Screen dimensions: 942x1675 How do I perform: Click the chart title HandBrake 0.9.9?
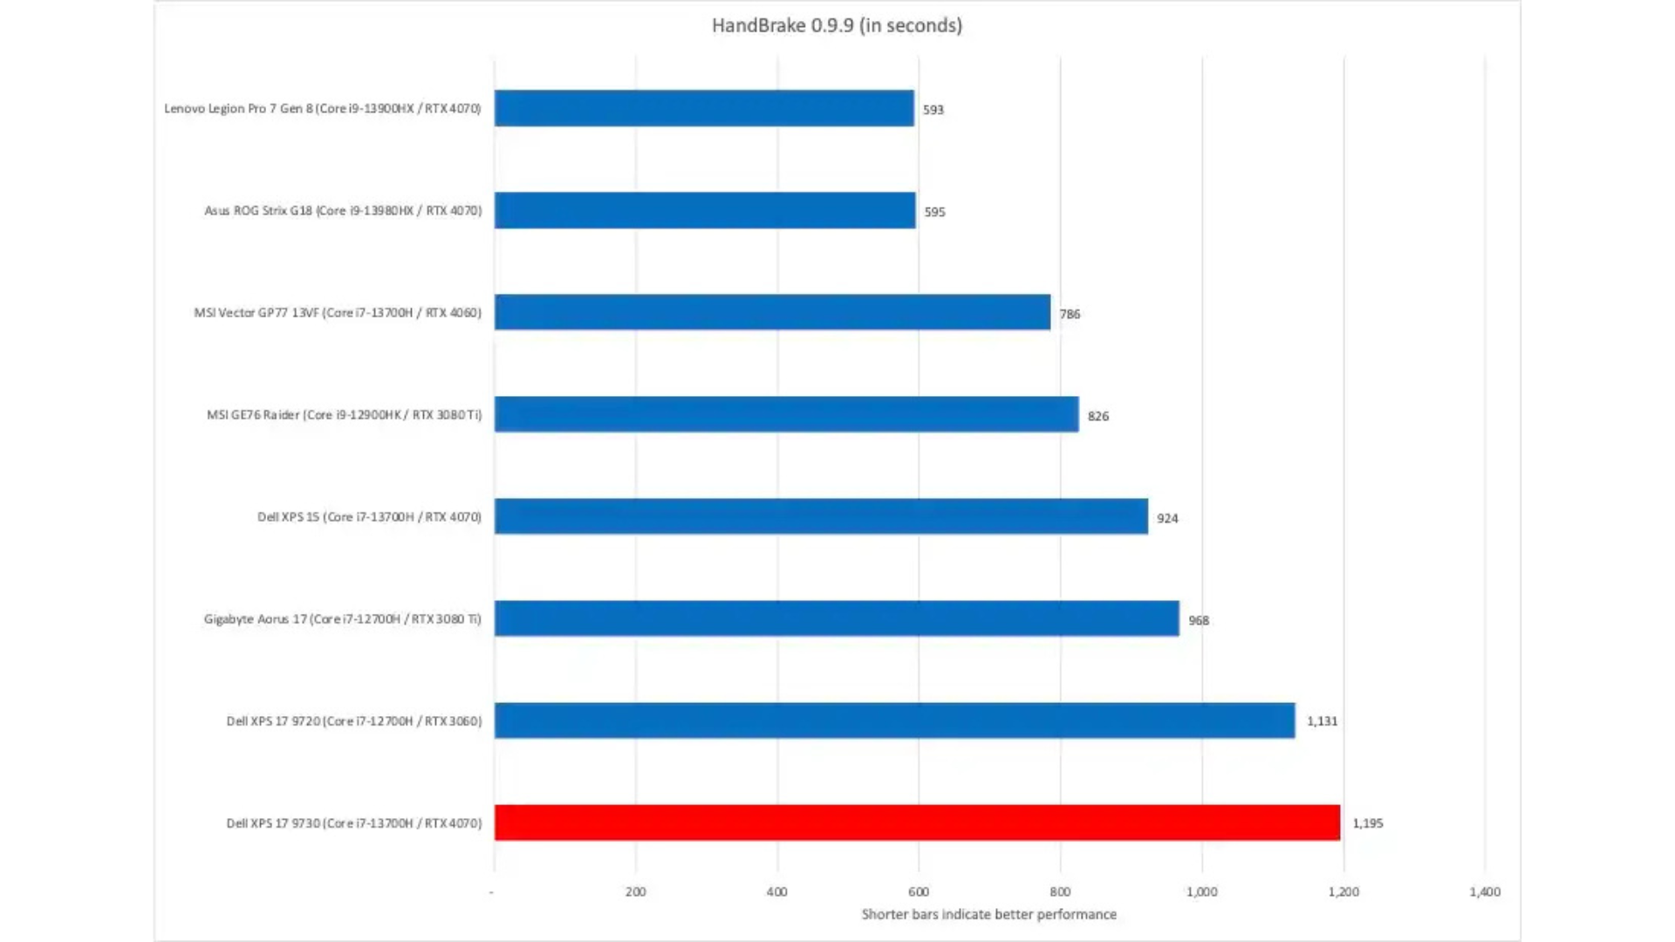pyautogui.click(x=837, y=25)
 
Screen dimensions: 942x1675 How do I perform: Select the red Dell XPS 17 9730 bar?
pyautogui.click(x=917, y=823)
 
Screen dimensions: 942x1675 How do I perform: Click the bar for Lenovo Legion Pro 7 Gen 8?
pyautogui.click(x=704, y=108)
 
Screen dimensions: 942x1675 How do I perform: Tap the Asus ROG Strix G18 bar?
pyautogui.click(x=705, y=210)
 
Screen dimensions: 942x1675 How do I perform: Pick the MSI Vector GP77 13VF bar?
pyautogui.click(x=772, y=312)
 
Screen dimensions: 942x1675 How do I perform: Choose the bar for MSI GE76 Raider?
pyautogui.click(x=786, y=414)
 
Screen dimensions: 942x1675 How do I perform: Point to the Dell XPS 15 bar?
pyautogui.click(x=821, y=516)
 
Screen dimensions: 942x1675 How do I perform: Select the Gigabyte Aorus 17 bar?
pyautogui.click(x=837, y=618)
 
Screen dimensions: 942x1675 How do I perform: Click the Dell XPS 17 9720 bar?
pyautogui.click(x=894, y=720)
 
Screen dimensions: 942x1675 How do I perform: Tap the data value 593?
pyautogui.click(x=933, y=110)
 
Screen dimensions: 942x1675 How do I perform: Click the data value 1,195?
pyautogui.click(x=1368, y=823)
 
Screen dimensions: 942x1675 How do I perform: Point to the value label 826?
pyautogui.click(x=1098, y=416)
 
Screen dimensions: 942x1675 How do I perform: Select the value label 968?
pyautogui.click(x=1199, y=620)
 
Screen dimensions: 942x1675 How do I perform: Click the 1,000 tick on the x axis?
pyautogui.click(x=1201, y=891)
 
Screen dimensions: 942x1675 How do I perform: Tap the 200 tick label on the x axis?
pyautogui.click(x=635, y=891)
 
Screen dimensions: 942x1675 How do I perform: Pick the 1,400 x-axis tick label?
pyautogui.click(x=1485, y=891)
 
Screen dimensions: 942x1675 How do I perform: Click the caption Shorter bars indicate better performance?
pyautogui.click(x=988, y=914)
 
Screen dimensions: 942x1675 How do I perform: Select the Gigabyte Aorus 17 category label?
pyautogui.click(x=342, y=619)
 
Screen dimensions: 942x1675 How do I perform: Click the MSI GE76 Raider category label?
pyautogui.click(x=344, y=415)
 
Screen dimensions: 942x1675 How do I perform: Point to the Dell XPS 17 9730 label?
pyautogui.click(x=353, y=823)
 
